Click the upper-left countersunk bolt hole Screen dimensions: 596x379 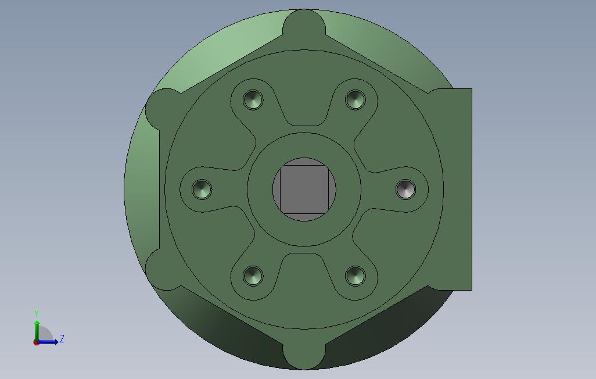(x=253, y=100)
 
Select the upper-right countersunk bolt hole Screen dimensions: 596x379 (x=356, y=100)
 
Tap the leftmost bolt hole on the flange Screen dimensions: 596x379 (x=202, y=189)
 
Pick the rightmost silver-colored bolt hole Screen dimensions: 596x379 (x=406, y=189)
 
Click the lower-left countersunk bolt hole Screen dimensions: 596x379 (x=253, y=276)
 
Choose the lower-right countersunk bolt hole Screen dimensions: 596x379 (x=356, y=276)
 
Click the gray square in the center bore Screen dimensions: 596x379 (x=304, y=189)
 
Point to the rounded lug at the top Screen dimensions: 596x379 (x=304, y=24)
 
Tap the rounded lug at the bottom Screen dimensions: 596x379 (x=304, y=355)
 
